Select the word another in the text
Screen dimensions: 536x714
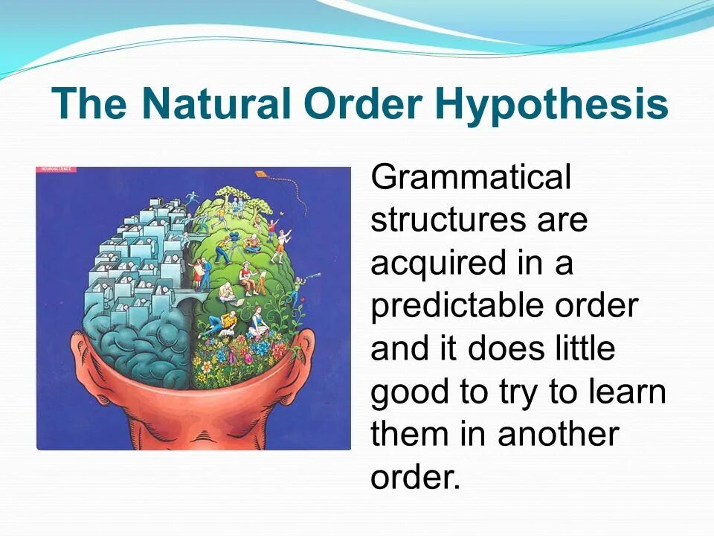[558, 435]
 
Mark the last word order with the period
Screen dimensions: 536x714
[416, 477]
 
